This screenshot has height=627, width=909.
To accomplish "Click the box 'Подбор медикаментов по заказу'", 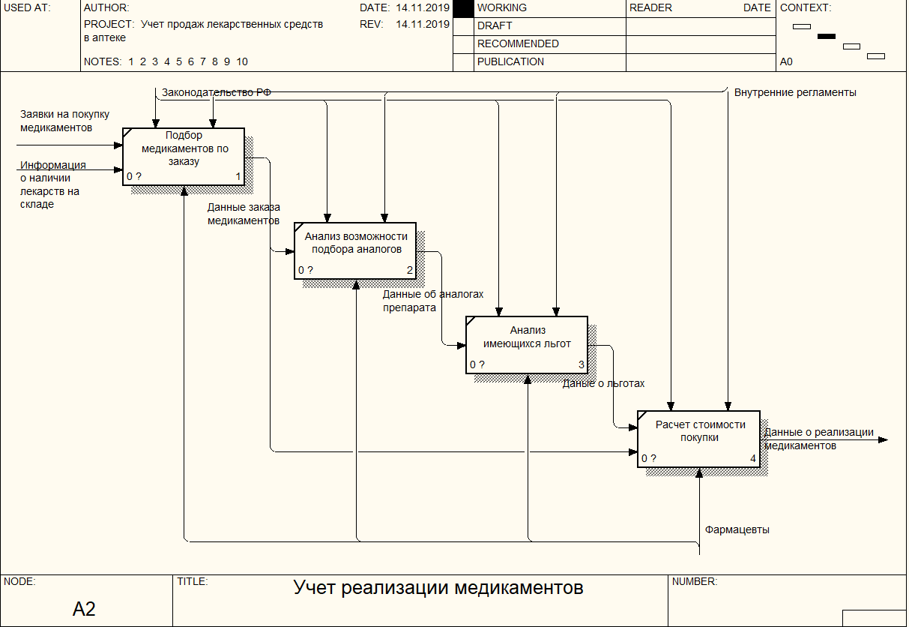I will (x=184, y=156).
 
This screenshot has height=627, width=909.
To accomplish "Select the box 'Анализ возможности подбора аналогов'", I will (x=354, y=250).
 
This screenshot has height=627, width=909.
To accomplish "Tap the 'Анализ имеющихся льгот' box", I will (x=526, y=344).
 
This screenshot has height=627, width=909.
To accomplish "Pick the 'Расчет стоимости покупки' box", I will (x=698, y=439).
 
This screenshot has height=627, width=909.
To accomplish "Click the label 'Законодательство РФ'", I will (x=217, y=92).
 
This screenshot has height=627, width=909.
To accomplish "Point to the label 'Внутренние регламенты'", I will (x=795, y=92).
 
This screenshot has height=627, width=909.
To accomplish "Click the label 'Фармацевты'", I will (x=737, y=529).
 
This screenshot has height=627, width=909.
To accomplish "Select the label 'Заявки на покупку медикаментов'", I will (x=64, y=121).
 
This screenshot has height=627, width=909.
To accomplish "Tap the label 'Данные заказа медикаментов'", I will (x=244, y=214).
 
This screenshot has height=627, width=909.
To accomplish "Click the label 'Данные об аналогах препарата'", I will (x=433, y=301).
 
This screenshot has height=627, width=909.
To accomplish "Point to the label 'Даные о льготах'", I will (x=604, y=383).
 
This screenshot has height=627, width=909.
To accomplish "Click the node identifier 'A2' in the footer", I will (x=84, y=609).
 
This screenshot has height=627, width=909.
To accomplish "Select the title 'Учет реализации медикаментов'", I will (x=438, y=587).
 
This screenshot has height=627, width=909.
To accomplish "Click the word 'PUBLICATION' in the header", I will (x=510, y=61).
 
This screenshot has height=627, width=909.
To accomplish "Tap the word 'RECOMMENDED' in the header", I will (x=518, y=43).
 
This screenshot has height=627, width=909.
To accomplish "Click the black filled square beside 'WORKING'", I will (x=464, y=8).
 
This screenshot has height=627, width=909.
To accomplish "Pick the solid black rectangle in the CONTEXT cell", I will (x=826, y=36).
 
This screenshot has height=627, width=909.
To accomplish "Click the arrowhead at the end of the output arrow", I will (x=883, y=439).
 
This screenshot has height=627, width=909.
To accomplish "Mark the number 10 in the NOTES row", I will (x=241, y=61).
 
